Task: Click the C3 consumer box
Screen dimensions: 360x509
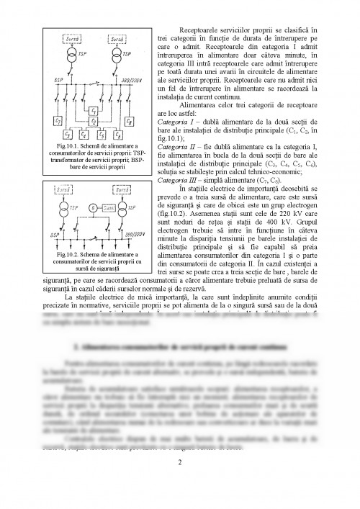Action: click(x=68, y=135)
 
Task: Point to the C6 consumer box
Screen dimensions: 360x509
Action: click(x=121, y=135)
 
